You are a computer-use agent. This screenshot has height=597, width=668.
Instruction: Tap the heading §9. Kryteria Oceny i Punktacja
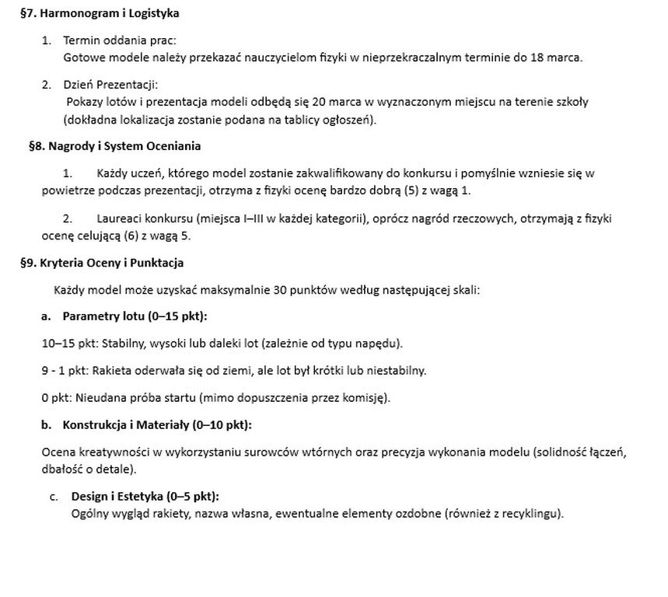(102, 263)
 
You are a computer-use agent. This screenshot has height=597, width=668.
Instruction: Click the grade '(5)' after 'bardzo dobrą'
(414, 190)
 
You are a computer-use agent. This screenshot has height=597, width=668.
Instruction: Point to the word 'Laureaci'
(121, 219)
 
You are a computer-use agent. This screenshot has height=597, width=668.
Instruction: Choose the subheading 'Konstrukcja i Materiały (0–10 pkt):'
(157, 424)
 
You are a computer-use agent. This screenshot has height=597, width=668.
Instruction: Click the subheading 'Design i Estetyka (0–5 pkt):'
(145, 496)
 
